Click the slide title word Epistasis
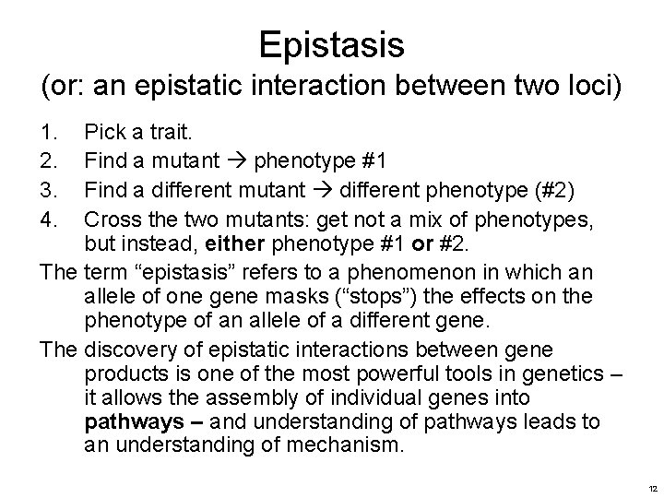332,43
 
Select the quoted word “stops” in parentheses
366,297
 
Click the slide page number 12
651,486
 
